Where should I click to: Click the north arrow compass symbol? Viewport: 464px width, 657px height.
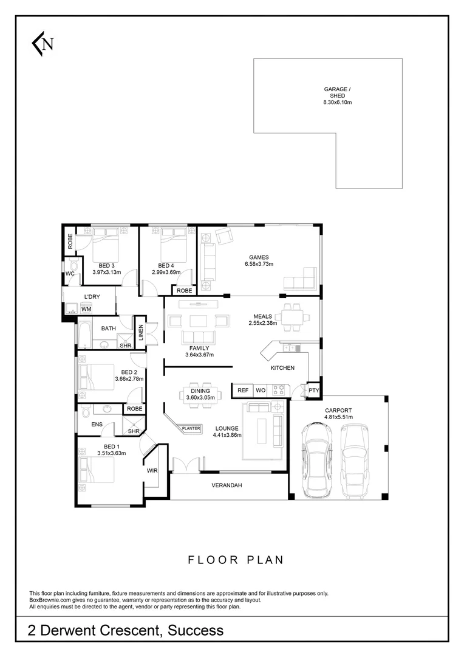pos(43,43)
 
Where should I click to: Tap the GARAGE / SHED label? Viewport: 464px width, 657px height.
pos(337,92)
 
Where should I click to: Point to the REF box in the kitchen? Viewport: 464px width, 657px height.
pos(242,390)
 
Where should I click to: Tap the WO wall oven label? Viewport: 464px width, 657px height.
pos(261,390)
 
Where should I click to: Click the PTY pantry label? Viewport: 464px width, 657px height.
pos(313,390)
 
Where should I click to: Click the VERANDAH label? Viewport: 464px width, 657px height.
pos(227,485)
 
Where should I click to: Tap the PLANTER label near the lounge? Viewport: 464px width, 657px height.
pos(191,428)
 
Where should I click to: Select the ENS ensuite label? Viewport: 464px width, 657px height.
pos(97,425)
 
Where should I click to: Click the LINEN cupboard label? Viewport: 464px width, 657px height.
pos(140,332)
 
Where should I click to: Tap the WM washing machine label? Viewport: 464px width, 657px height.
pos(86,310)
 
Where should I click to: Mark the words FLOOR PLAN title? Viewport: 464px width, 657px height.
pos(235,560)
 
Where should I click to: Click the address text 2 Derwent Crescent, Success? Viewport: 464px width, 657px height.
pos(126,630)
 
